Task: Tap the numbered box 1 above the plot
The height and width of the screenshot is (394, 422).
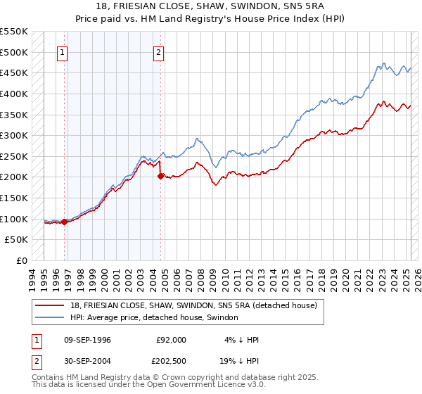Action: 63,52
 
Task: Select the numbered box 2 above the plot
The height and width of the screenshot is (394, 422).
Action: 159,52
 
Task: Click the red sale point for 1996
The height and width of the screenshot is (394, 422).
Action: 65,222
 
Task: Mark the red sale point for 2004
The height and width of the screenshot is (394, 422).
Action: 160,177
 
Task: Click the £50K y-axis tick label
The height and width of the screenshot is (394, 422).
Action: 17,239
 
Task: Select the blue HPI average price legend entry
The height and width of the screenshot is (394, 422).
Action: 153,318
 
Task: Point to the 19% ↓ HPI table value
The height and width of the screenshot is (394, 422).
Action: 239,361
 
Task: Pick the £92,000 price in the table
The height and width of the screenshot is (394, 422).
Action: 171,340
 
